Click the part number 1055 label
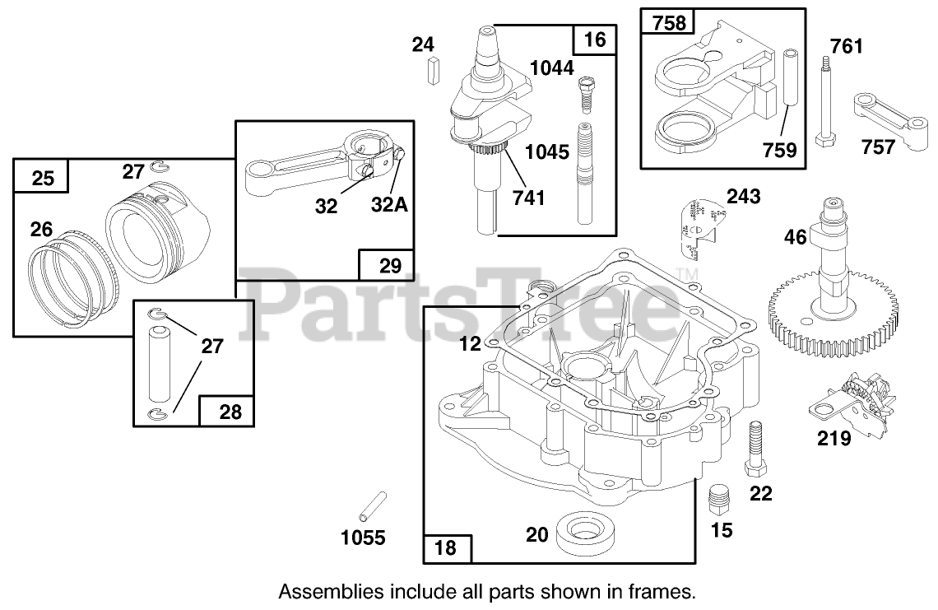(x=363, y=538)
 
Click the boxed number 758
(x=669, y=23)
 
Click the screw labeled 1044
(x=587, y=96)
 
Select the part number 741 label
(x=527, y=198)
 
